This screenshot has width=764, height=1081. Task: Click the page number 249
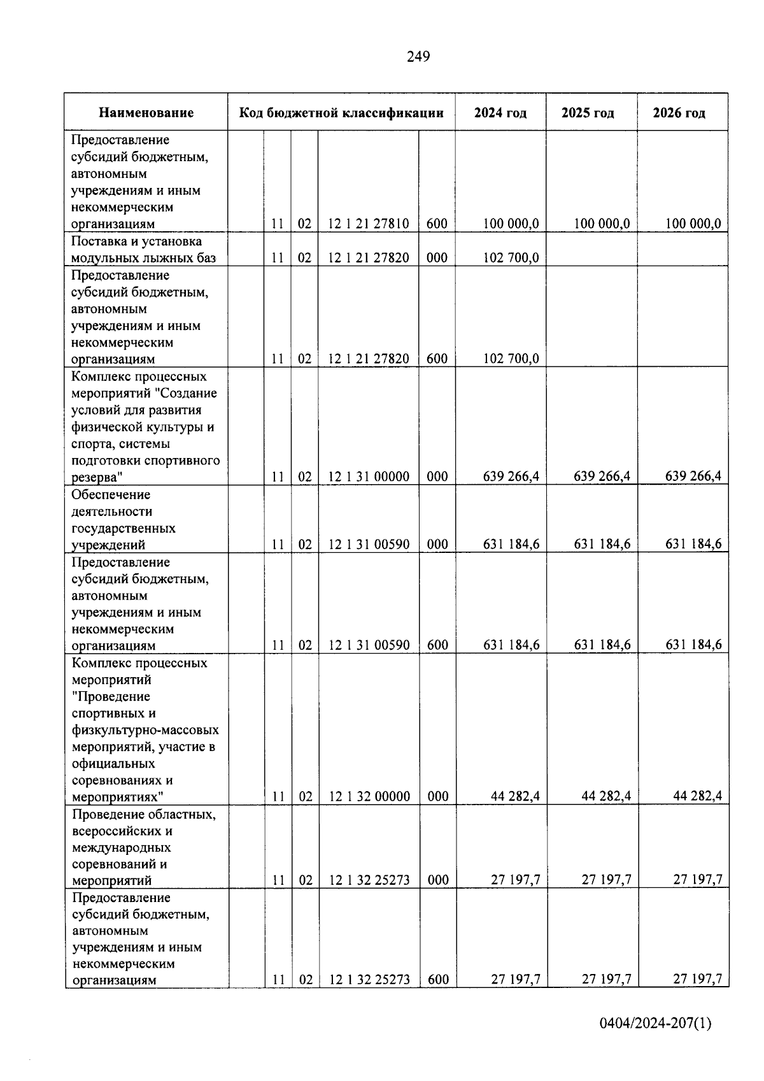(x=418, y=57)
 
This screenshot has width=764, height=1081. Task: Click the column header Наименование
(x=146, y=113)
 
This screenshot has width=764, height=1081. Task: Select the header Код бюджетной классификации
(x=341, y=113)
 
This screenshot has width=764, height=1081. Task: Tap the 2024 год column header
(x=500, y=113)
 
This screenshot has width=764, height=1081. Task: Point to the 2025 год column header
(x=588, y=113)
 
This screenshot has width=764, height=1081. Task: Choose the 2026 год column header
(x=679, y=113)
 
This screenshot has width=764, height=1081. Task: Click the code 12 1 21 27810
(x=369, y=224)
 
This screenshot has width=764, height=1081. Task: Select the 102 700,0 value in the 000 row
(x=511, y=258)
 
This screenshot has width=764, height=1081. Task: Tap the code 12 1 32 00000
(x=369, y=797)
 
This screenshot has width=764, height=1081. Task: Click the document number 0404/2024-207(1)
(x=655, y=1024)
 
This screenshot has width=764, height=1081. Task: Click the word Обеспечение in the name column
(x=111, y=495)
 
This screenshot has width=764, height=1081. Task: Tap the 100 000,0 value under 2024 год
(x=511, y=224)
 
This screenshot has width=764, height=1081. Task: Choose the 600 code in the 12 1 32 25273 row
(x=438, y=980)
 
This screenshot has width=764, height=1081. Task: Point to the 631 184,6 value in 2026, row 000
(x=693, y=545)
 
